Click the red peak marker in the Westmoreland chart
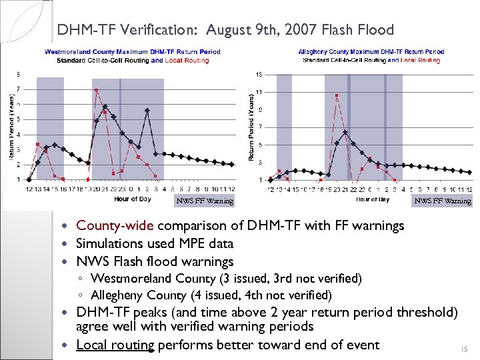tap(97, 90)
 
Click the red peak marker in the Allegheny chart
tap(337, 95)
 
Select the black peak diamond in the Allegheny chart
tap(345, 132)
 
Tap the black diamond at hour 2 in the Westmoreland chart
tap(147, 110)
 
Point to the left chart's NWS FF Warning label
tap(205, 201)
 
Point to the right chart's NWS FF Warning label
tap(443, 201)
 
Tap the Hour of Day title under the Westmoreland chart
tap(133, 199)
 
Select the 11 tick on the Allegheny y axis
tap(259, 91)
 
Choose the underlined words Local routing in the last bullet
tap(115, 345)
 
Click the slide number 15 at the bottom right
tap(465, 349)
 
